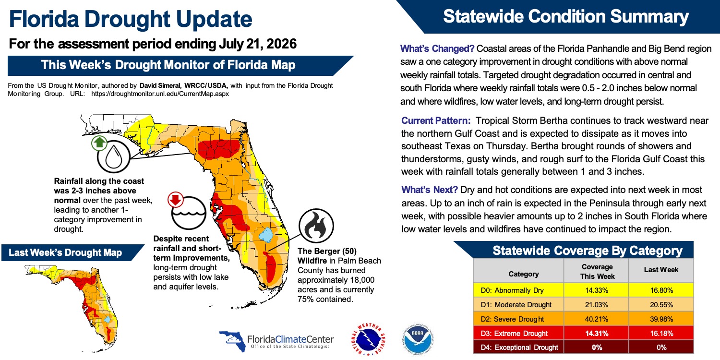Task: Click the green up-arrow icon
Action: click(x=99, y=143)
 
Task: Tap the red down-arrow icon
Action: click(x=176, y=200)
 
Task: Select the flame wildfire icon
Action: click(x=316, y=226)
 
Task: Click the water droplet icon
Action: click(x=113, y=157)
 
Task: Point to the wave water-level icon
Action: click(x=189, y=213)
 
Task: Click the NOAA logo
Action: click(x=418, y=339)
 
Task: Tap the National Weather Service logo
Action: click(x=368, y=339)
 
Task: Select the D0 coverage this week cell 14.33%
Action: click(x=597, y=290)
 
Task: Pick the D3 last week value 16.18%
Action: click(x=661, y=333)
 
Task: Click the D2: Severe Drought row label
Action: click(x=512, y=319)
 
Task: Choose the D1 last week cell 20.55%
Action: click(x=661, y=305)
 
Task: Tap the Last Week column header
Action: click(x=661, y=270)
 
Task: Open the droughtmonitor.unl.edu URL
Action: click(x=160, y=94)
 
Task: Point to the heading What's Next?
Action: click(x=430, y=190)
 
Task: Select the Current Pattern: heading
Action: click(x=436, y=120)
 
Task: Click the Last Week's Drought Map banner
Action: click(x=72, y=252)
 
